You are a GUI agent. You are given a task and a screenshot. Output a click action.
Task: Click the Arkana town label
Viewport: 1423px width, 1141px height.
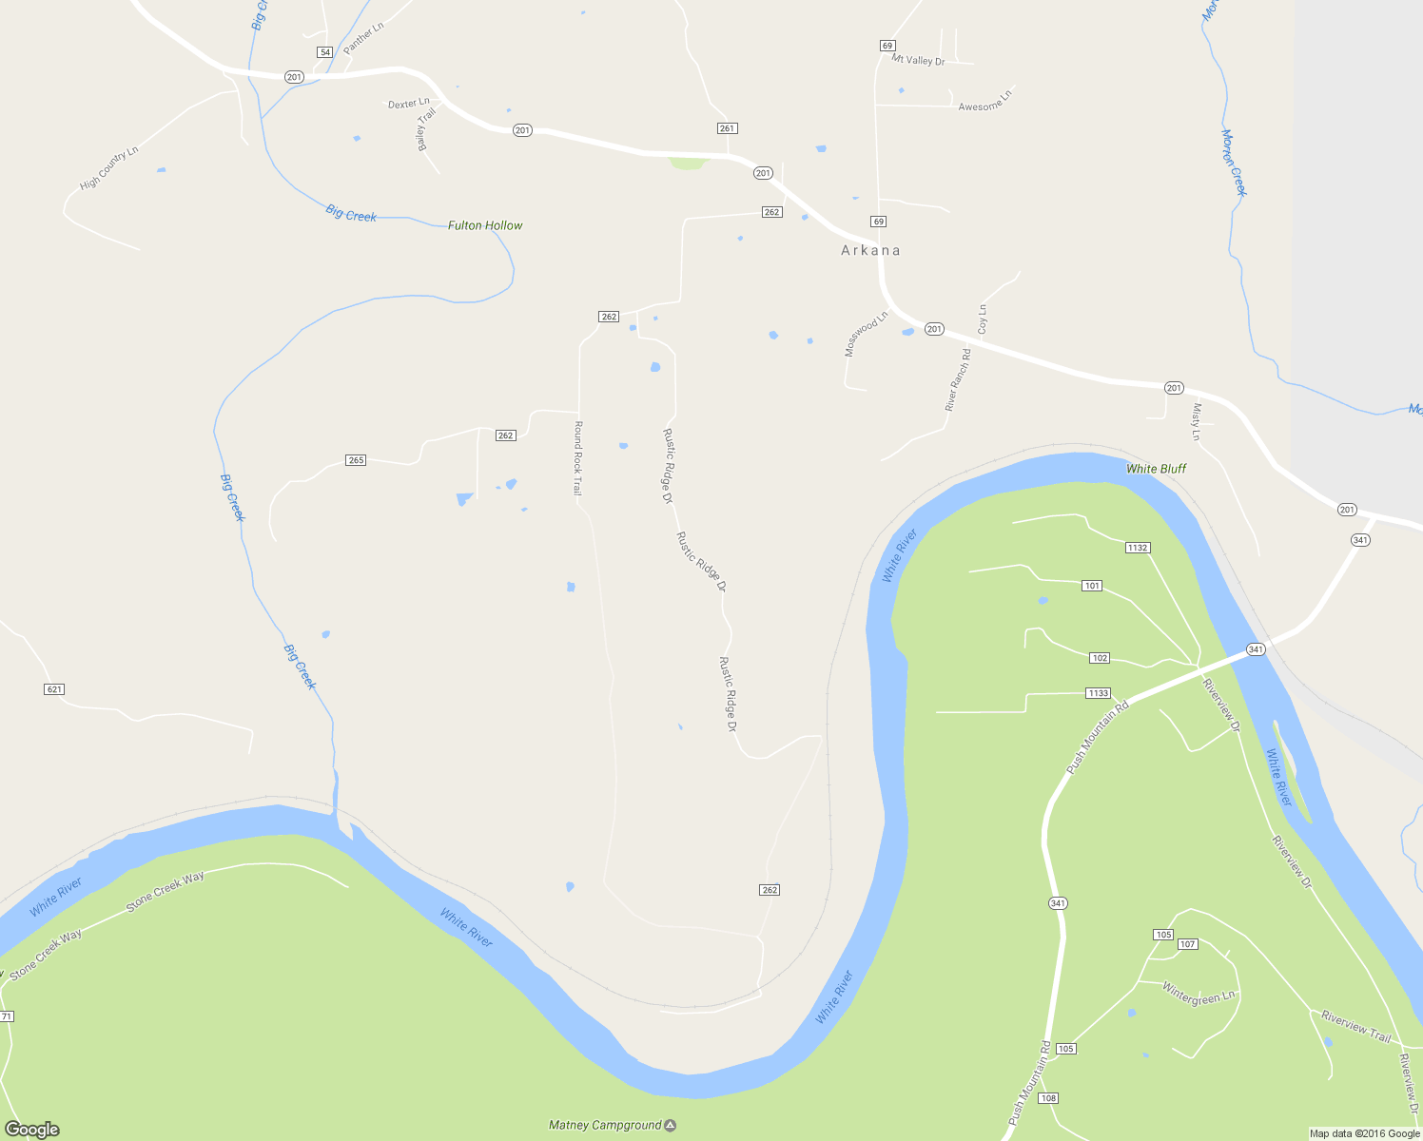click(870, 250)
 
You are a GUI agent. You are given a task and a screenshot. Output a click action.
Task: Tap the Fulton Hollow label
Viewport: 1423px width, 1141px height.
click(485, 225)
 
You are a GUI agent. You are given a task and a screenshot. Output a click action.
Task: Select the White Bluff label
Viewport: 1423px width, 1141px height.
click(1156, 469)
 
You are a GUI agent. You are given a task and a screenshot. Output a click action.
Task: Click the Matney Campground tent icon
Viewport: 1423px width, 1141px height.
click(671, 1126)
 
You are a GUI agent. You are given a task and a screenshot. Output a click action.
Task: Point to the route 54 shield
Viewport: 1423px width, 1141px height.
click(325, 52)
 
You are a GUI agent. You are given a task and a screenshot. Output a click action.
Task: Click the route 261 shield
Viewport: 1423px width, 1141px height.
click(728, 128)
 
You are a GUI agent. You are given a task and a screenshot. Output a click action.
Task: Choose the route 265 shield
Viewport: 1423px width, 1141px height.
click(356, 460)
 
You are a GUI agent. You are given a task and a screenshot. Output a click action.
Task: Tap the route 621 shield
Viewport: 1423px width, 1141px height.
click(54, 688)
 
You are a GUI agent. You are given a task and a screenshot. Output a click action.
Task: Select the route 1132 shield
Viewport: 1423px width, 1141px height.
click(1138, 548)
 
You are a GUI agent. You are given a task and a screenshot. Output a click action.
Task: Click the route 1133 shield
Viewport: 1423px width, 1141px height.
click(1098, 693)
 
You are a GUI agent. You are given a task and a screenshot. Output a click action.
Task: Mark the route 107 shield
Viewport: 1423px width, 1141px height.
click(1187, 944)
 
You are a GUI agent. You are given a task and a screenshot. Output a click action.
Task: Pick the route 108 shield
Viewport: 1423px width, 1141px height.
click(1047, 1098)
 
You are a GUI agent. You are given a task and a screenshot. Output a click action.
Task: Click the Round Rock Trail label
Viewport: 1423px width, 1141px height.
click(577, 458)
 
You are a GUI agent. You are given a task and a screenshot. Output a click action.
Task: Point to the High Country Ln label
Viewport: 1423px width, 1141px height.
click(109, 167)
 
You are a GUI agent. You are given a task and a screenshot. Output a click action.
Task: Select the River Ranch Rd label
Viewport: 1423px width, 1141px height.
click(958, 379)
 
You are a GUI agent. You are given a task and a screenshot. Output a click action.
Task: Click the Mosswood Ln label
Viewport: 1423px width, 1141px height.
click(866, 334)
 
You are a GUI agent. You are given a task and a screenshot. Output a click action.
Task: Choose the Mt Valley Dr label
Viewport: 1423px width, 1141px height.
click(918, 60)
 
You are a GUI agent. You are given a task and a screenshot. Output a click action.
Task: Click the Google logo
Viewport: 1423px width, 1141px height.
click(32, 1130)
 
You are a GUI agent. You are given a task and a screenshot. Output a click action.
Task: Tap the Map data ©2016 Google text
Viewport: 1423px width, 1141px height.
click(1364, 1133)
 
